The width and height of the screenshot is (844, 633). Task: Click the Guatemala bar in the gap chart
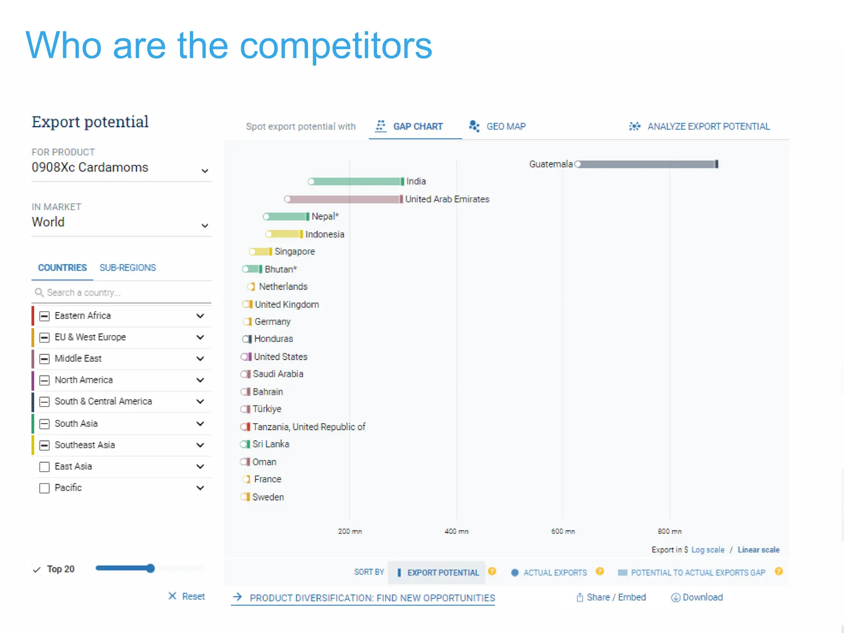[647, 164]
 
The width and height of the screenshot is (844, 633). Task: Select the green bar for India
[356, 182]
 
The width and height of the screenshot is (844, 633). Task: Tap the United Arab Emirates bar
[344, 199]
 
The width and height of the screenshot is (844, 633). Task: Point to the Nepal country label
[325, 216]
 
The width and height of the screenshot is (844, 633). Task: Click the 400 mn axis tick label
[456, 532]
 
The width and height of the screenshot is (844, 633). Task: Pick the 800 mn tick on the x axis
[669, 532]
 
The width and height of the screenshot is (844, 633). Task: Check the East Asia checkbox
[44, 467]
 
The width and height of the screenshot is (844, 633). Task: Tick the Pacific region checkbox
[44, 488]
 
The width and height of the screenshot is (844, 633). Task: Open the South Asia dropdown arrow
[200, 424]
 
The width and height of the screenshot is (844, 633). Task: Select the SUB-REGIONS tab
[128, 268]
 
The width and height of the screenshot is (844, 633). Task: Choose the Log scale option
[708, 550]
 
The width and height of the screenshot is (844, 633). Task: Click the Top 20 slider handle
[151, 569]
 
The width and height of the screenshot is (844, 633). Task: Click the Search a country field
[120, 293]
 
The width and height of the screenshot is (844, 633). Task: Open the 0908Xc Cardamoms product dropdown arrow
[205, 171]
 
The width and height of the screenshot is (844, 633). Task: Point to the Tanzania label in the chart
[309, 427]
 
